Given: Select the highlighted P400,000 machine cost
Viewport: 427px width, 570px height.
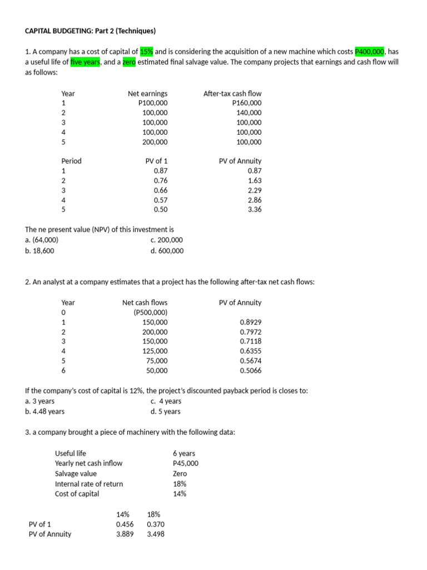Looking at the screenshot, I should click(370, 52).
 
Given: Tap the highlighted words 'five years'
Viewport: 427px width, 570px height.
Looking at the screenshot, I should click(85, 62).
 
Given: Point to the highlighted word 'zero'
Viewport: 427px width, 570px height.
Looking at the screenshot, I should click(129, 62).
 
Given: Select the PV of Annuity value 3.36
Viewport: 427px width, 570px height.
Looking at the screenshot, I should click(255, 209).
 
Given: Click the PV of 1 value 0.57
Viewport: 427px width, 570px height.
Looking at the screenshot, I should click(160, 200).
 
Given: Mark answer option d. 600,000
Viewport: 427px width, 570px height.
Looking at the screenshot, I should click(167, 250).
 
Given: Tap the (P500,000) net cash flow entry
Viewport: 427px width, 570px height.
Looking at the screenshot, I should click(150, 312).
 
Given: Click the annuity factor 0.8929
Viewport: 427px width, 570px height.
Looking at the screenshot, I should click(250, 322).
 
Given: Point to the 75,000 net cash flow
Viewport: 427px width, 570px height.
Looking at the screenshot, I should click(157, 361).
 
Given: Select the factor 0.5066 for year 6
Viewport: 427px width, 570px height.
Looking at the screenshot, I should click(250, 370).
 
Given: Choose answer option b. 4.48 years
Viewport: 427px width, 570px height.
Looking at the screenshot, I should click(45, 411).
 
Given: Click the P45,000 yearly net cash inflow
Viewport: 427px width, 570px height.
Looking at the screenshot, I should click(185, 463).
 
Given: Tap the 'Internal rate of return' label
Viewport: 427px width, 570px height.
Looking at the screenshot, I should click(89, 484).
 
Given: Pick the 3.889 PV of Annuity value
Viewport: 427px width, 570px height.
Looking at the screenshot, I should click(125, 534).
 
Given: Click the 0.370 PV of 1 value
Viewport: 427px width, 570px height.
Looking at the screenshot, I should click(156, 524).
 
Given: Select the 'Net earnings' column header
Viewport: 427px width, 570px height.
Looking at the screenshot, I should click(147, 94).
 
